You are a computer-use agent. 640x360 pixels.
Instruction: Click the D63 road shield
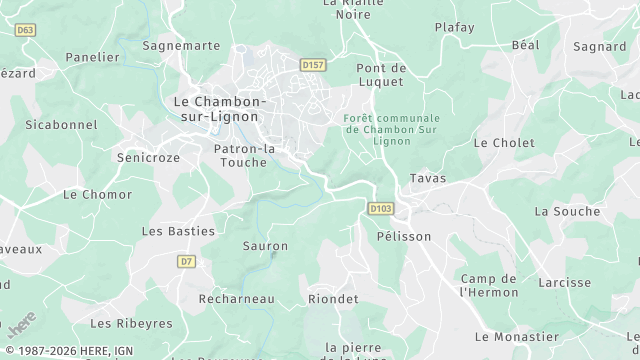pyautogui.click(x=26, y=30)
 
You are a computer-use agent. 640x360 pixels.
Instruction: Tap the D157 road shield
pyautogui.click(x=314, y=65)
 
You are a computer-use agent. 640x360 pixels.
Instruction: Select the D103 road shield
pyautogui.click(x=380, y=209)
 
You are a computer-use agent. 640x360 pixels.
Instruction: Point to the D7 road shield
pyautogui.click(x=186, y=261)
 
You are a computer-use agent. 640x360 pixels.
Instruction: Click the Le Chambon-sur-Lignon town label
pyautogui.click(x=219, y=109)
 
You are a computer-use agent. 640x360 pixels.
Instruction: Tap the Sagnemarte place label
pyautogui.click(x=181, y=46)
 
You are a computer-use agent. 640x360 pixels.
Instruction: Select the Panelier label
pyautogui.click(x=92, y=58)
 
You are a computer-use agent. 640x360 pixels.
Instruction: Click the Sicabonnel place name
pyautogui.click(x=61, y=125)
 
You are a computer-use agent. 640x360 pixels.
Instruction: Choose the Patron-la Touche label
pyautogui.click(x=244, y=155)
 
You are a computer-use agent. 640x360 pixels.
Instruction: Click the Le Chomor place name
pyautogui.click(x=97, y=194)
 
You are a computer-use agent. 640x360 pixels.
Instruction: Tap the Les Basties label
pyautogui.click(x=178, y=231)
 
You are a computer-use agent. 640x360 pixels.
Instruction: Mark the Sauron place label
pyautogui.click(x=265, y=246)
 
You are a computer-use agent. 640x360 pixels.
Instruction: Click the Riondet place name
pyautogui.click(x=333, y=299)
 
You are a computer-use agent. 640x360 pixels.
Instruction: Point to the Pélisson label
pyautogui.click(x=404, y=237)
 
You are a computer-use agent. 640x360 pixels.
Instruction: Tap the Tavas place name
pyautogui.click(x=428, y=178)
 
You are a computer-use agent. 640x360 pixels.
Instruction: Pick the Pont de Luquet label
pyautogui.click(x=380, y=74)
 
